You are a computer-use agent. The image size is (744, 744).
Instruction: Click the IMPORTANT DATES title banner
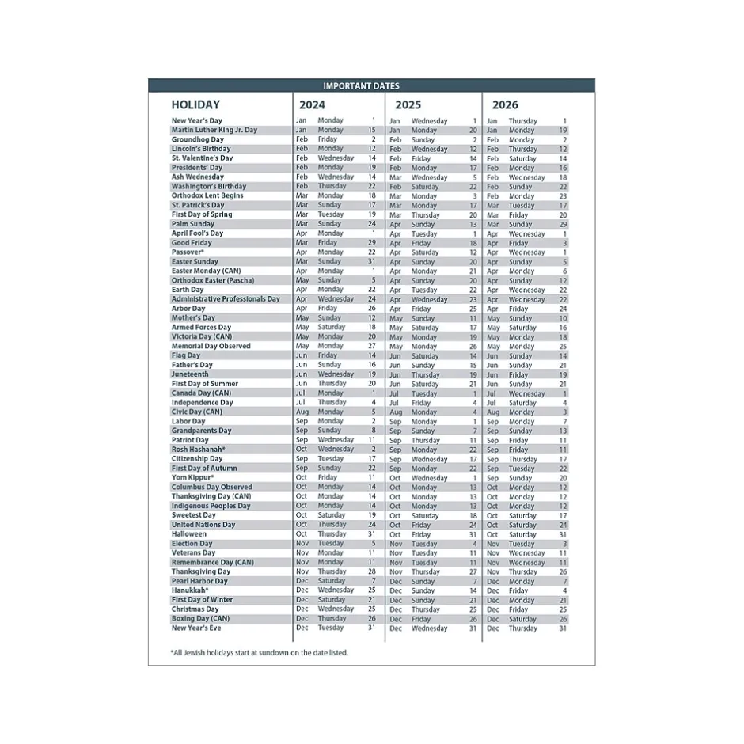pyautogui.click(x=371, y=86)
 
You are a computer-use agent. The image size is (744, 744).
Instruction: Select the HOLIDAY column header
pyautogui.click(x=195, y=104)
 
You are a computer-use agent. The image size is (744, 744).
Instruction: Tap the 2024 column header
pyautogui.click(x=312, y=104)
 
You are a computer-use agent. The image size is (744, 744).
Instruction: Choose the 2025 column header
pyautogui.click(x=408, y=104)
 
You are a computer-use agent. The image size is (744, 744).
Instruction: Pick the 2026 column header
pyautogui.click(x=505, y=104)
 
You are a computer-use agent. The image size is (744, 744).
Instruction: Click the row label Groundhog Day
pyautogui.click(x=198, y=139)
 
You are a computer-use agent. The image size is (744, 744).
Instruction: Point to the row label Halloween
pyautogui.click(x=189, y=534)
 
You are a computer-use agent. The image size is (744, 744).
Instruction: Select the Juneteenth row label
pyautogui.click(x=191, y=374)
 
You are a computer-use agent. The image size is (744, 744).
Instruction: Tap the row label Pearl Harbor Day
pyautogui.click(x=199, y=581)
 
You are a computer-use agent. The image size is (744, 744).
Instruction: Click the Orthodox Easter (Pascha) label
pyautogui.click(x=213, y=280)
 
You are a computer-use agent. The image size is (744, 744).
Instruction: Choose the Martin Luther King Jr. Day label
pyautogui.click(x=214, y=130)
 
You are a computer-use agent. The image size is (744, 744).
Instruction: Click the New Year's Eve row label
pyautogui.click(x=196, y=628)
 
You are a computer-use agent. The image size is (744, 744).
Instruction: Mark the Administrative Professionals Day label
pyautogui.click(x=226, y=299)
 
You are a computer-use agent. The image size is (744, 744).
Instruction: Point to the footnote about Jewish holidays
pyautogui.click(x=259, y=653)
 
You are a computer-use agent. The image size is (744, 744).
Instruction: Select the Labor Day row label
pyautogui.click(x=188, y=421)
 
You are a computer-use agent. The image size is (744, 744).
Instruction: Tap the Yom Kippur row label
pyautogui.click(x=193, y=477)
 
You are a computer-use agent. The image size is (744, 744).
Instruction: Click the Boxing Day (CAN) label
pyautogui.click(x=201, y=619)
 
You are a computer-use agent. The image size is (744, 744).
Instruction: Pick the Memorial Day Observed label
pyautogui.click(x=211, y=346)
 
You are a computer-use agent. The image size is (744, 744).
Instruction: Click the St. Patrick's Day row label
pyautogui.click(x=198, y=205)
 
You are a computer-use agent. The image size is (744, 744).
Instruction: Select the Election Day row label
pyautogui.click(x=192, y=544)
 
